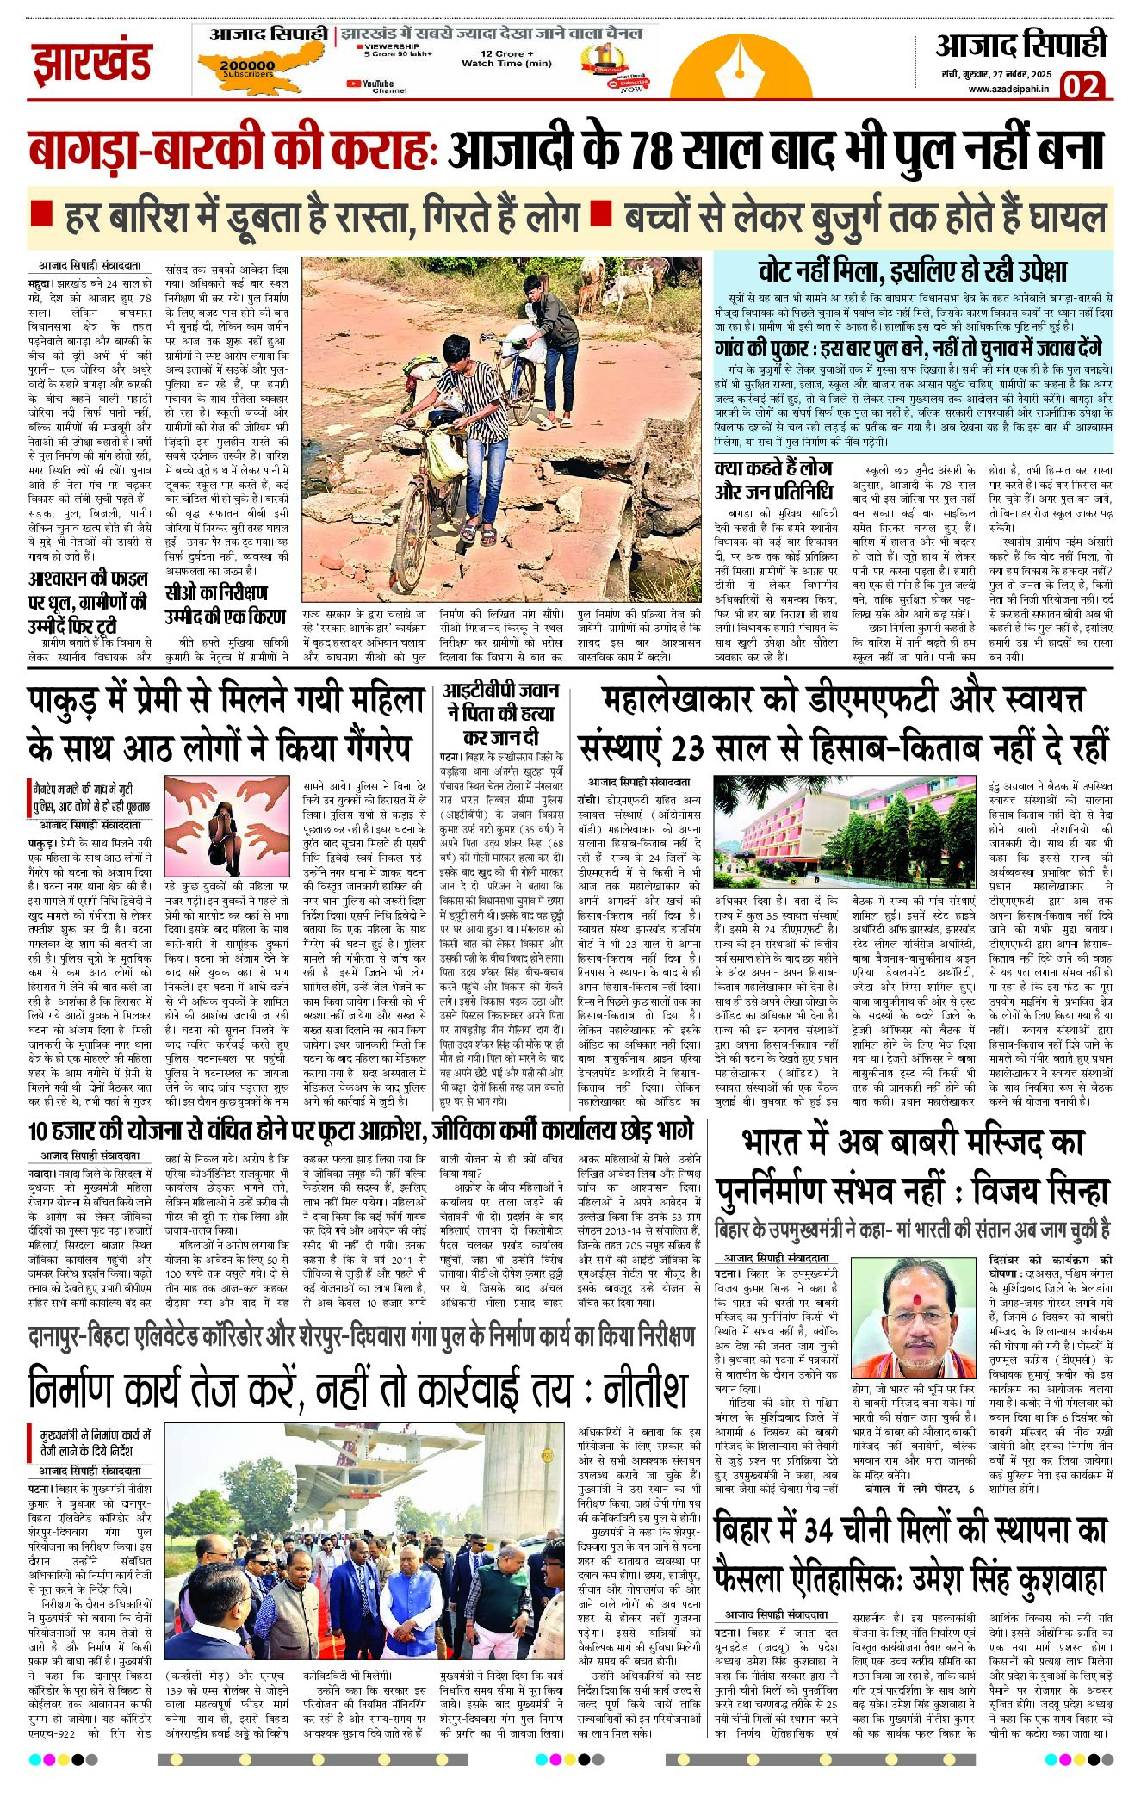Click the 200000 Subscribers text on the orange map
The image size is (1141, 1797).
click(247, 68)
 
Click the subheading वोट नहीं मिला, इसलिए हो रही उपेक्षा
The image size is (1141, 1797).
click(912, 270)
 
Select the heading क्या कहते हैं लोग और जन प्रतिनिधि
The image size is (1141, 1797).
click(773, 480)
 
